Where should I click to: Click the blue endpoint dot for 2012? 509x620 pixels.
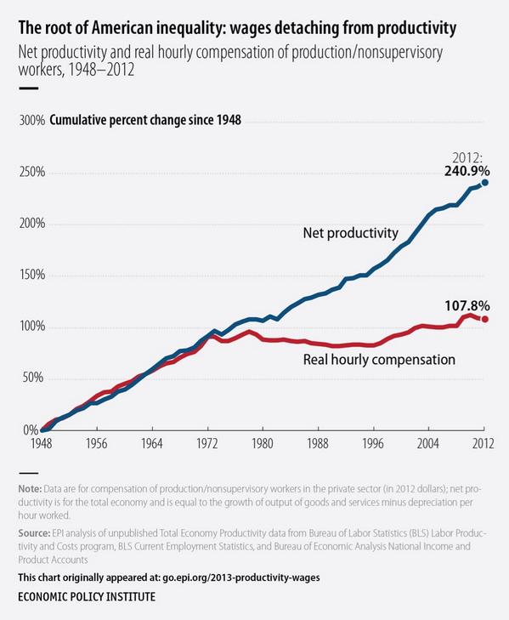(485, 182)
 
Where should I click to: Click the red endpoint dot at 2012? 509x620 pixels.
(485, 319)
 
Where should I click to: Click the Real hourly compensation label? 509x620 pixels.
(379, 360)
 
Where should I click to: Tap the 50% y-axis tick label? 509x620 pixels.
(33, 378)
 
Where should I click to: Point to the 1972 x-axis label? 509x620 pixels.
(206, 443)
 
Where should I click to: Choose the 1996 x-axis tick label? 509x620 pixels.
(374, 443)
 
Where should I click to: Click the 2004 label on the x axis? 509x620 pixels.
(430, 443)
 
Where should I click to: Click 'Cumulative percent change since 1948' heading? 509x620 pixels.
(145, 120)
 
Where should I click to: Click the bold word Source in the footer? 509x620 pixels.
(37, 532)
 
